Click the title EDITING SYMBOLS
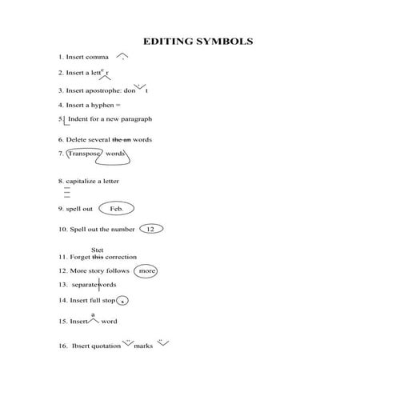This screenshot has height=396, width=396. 198,41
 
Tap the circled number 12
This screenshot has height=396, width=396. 150,229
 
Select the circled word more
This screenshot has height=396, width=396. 146,271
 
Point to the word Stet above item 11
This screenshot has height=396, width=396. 98,250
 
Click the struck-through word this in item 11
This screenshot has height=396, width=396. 98,258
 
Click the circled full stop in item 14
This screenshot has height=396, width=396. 122,301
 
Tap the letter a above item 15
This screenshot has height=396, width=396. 94,314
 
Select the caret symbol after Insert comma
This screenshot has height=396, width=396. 122,57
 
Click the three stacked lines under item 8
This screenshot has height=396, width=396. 67,194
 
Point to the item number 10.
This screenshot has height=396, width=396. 62,229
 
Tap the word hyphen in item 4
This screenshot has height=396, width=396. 105,105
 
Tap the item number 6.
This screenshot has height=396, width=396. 61,139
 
